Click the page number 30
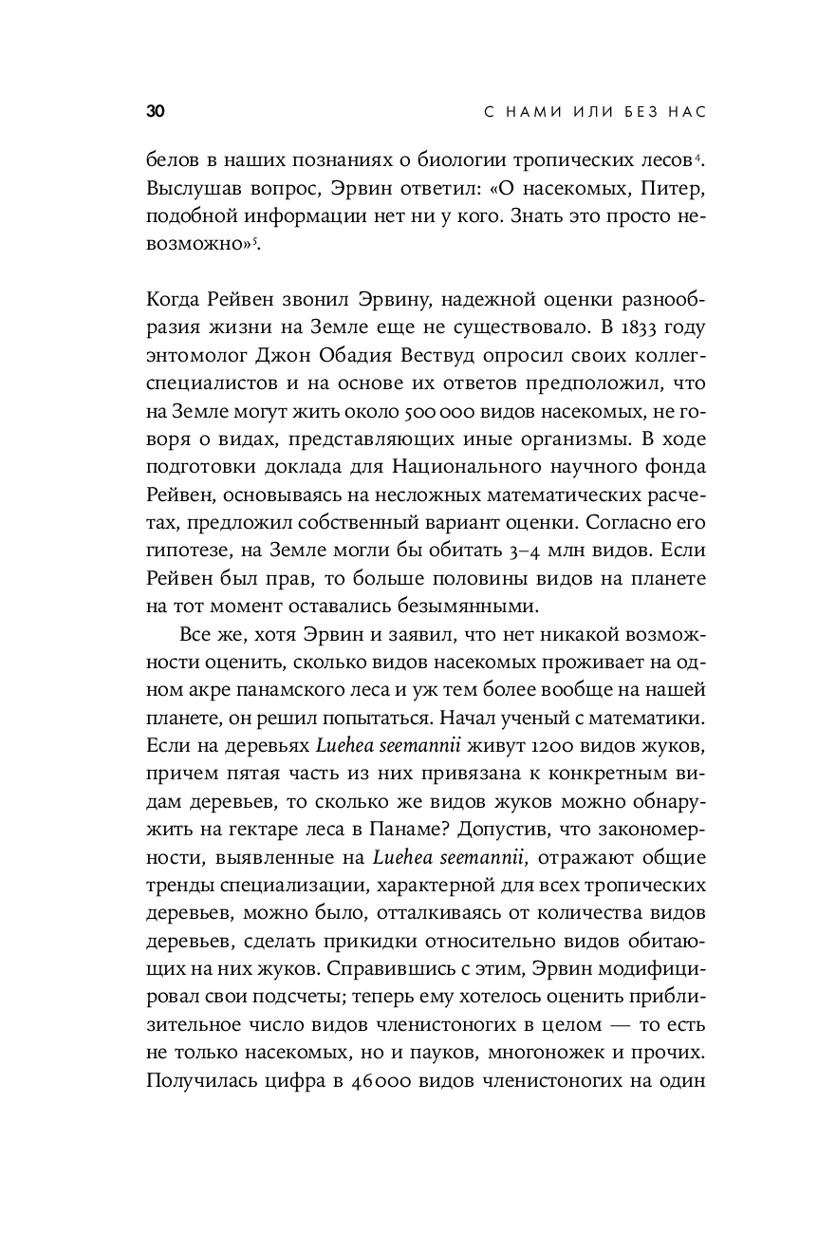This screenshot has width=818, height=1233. [156, 112]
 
